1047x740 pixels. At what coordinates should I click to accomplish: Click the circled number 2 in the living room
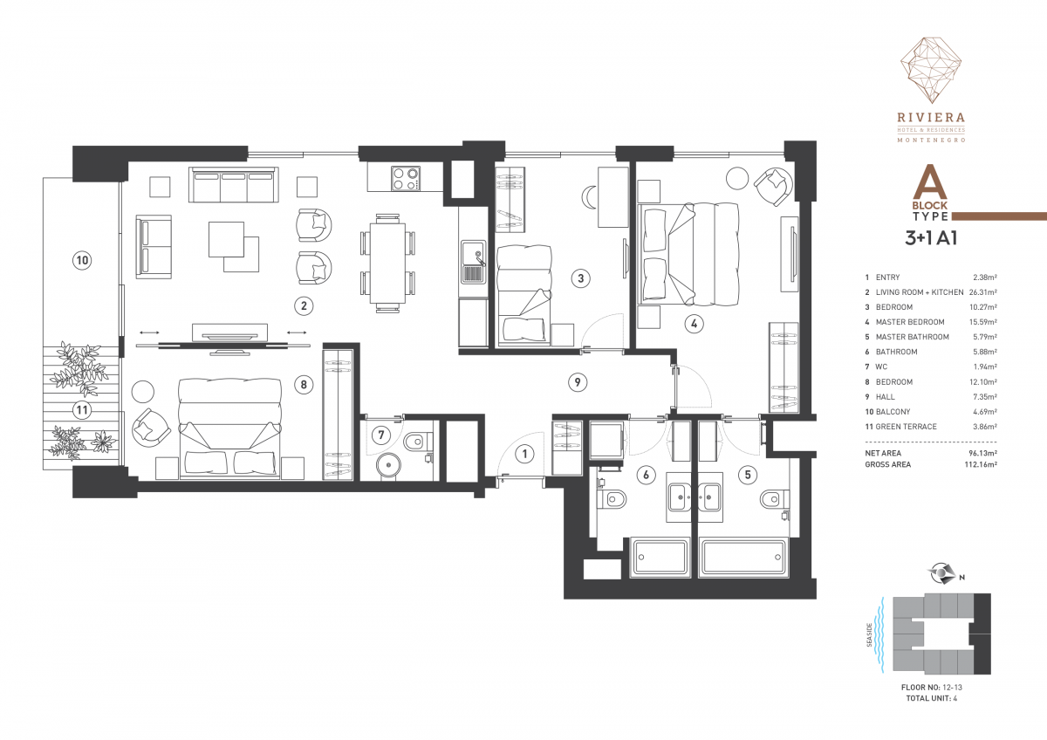(304, 306)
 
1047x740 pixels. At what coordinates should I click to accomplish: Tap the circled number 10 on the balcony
(82, 260)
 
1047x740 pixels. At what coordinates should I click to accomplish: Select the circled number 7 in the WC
(381, 435)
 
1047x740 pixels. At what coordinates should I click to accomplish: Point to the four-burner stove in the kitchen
(405, 179)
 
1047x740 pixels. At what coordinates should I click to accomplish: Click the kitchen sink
(474, 263)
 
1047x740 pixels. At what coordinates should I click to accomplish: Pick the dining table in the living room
(387, 264)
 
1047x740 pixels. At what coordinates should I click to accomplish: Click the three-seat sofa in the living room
(233, 185)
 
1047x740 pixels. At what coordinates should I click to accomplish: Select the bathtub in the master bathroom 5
(742, 558)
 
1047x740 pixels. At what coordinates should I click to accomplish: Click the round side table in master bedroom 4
(737, 178)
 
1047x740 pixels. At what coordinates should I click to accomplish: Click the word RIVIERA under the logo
(931, 117)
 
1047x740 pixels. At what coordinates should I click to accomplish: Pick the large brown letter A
(930, 182)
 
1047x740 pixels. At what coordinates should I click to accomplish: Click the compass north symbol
(941, 573)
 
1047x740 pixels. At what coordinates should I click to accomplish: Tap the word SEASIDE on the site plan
(869, 635)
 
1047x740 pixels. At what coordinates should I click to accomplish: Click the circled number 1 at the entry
(524, 454)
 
